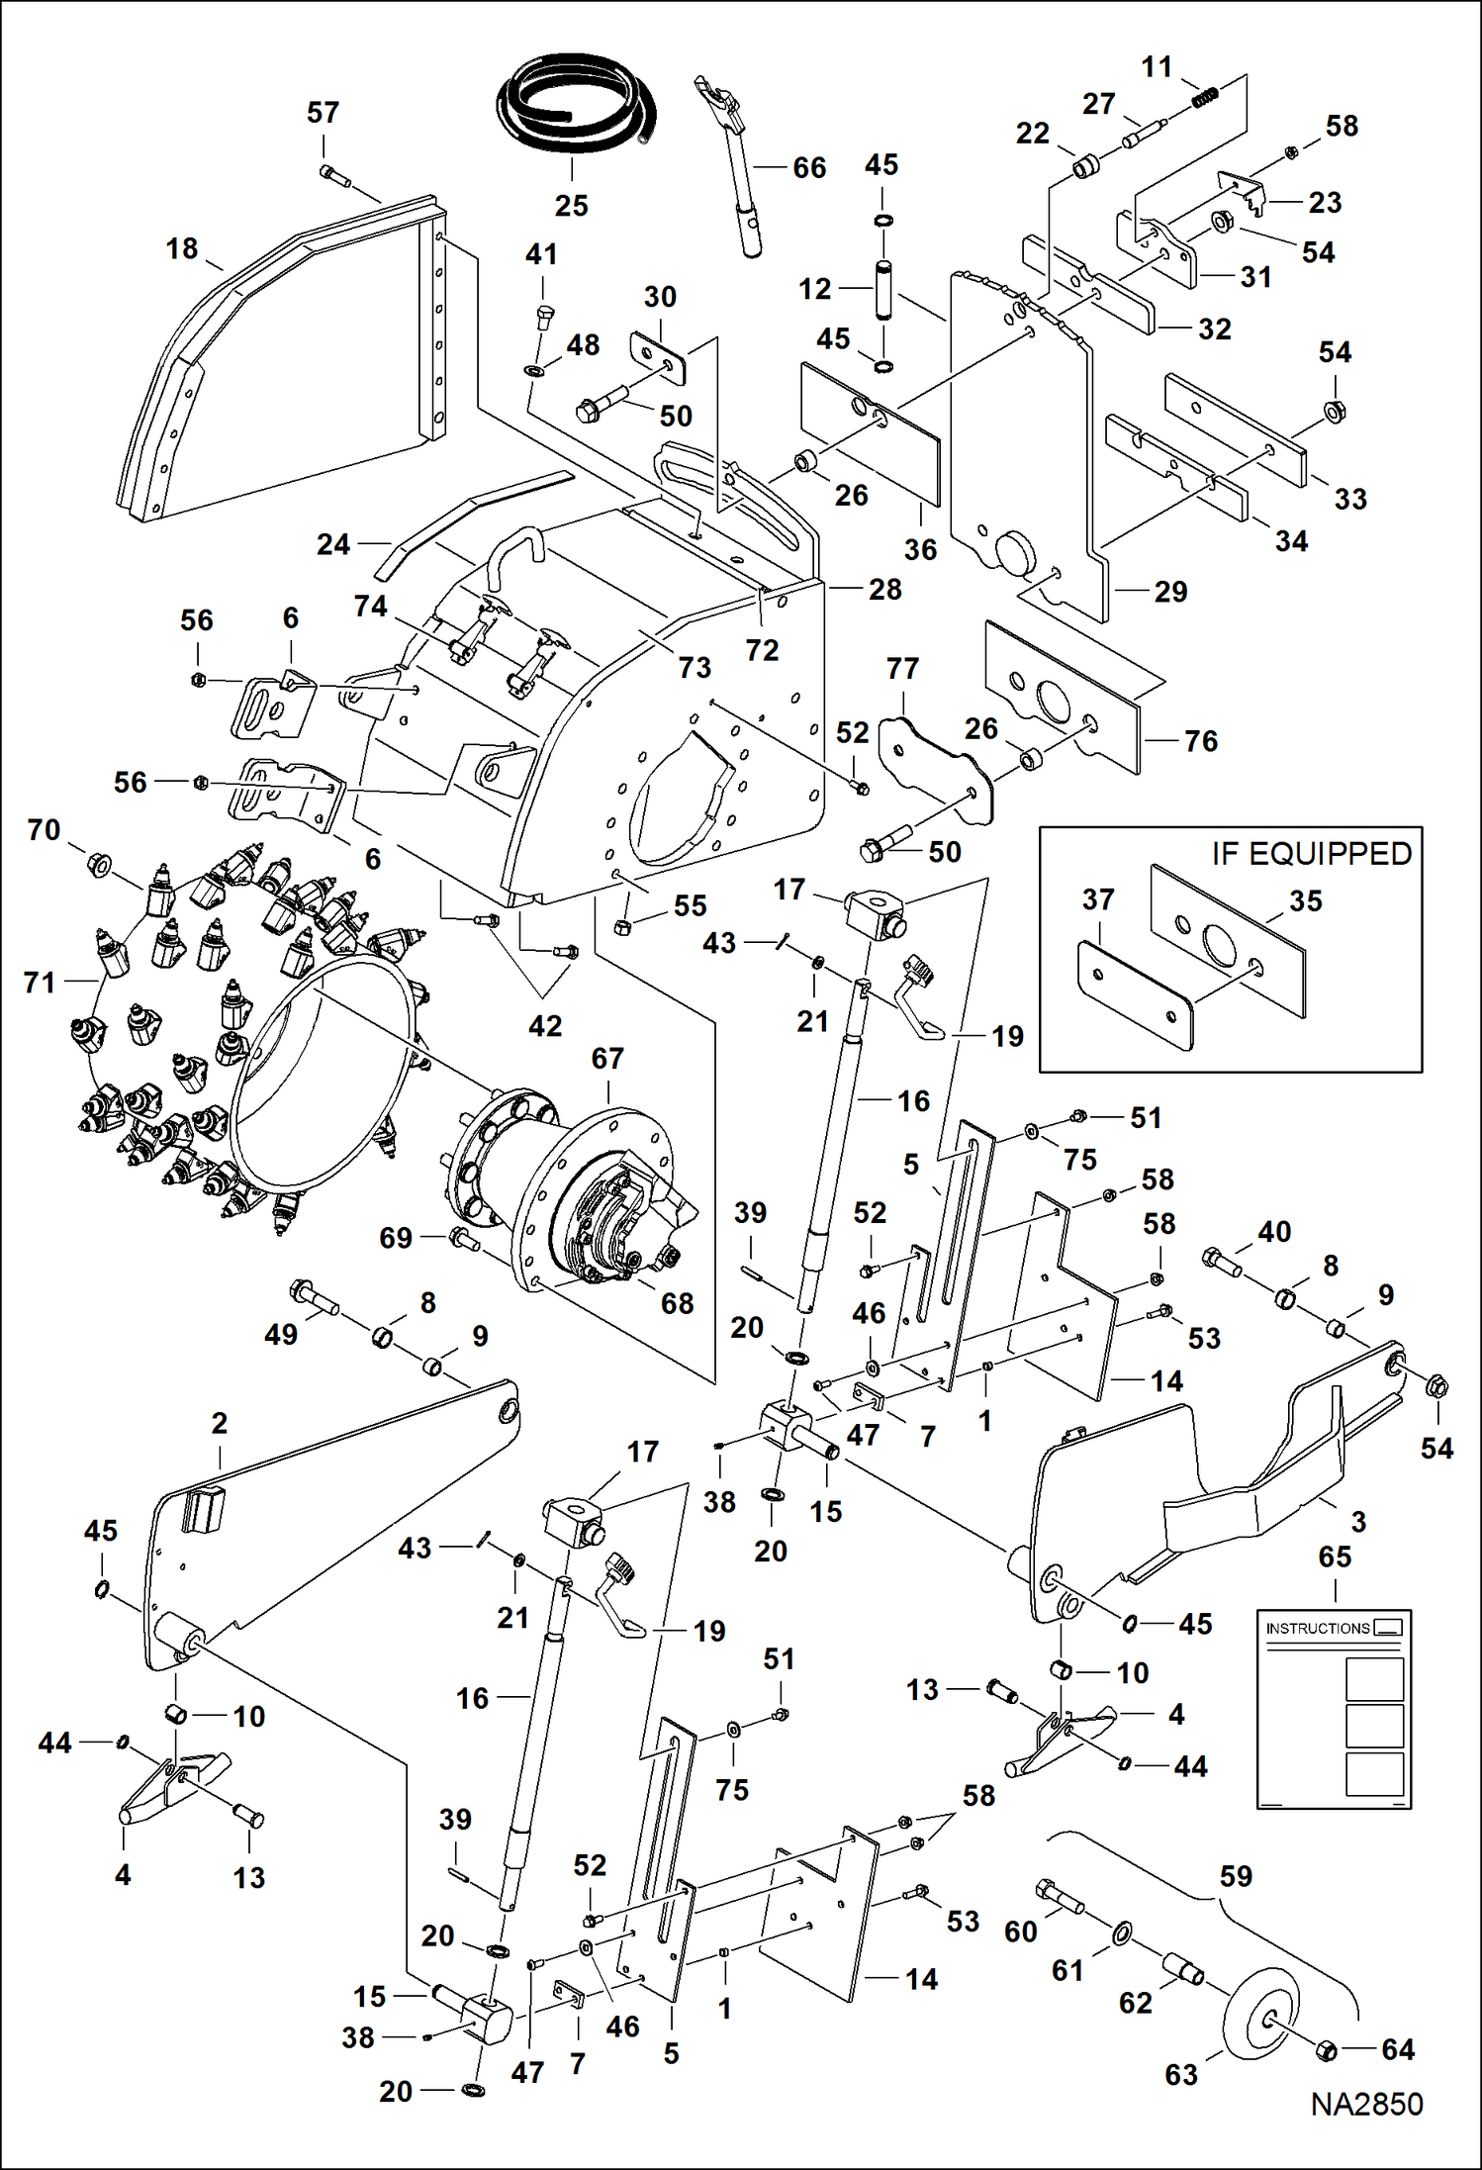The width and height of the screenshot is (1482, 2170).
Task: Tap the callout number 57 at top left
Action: pyautogui.click(x=323, y=113)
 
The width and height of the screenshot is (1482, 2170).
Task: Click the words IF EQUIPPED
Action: pyautogui.click(x=1311, y=854)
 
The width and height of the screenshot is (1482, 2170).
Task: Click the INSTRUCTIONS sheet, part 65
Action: pyautogui.click(x=1334, y=1708)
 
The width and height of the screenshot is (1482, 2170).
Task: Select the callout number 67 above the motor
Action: pyautogui.click(x=607, y=1059)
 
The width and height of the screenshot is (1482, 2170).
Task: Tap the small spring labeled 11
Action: pyautogui.click(x=1204, y=97)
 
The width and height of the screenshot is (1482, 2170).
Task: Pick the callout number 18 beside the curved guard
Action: pyautogui.click(x=182, y=249)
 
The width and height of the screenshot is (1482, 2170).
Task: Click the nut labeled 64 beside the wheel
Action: pyautogui.click(x=1327, y=2049)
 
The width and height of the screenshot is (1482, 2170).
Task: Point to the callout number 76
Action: pyautogui.click(x=1200, y=741)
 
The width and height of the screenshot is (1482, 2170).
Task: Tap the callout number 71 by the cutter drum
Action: pyautogui.click(x=40, y=983)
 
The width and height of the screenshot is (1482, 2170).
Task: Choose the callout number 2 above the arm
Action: pyautogui.click(x=220, y=1424)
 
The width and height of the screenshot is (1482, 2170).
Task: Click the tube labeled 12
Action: pyautogui.click(x=882, y=288)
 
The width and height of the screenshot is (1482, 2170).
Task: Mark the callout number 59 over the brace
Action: pyautogui.click(x=1236, y=1876)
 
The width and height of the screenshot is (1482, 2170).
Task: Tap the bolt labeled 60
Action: pyautogui.click(x=1060, y=1896)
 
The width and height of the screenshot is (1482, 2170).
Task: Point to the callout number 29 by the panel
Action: pyautogui.click(x=1170, y=592)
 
